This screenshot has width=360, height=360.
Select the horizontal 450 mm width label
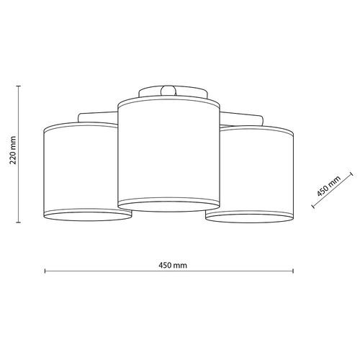pos(170,264)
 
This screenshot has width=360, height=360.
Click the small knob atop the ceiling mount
pos(169,91)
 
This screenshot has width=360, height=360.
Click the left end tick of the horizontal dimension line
pos(45,271)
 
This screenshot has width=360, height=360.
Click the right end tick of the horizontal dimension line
pos(294,271)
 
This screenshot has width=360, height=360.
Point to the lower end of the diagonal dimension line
pos(313,207)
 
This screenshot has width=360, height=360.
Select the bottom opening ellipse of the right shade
pos(251,215)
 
